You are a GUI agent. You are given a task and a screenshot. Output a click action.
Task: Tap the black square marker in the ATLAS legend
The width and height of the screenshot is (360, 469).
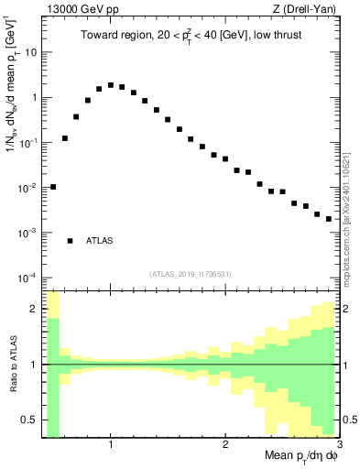pyautogui.click(x=71, y=241)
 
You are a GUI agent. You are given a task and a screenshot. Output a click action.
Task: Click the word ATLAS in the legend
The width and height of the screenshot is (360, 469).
pyautogui.click(x=99, y=241)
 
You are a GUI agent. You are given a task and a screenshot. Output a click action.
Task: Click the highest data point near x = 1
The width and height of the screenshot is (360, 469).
pyautogui.click(x=111, y=85)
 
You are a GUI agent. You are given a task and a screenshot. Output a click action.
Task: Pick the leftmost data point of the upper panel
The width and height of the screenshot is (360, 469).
pyautogui.click(x=53, y=187)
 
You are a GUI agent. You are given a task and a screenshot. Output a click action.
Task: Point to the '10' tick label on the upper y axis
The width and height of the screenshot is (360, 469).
pyautogui.click(x=29, y=52)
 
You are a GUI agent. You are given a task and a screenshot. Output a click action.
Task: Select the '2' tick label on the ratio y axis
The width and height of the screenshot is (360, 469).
pyautogui.click(x=34, y=310)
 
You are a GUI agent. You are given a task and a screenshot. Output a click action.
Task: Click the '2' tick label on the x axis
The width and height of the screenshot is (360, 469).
pyautogui.click(x=225, y=445)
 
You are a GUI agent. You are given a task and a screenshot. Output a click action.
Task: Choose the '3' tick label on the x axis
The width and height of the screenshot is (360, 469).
pyautogui.click(x=338, y=445)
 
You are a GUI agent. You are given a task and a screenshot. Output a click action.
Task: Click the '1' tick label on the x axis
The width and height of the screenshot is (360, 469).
pyautogui.click(x=111, y=445)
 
